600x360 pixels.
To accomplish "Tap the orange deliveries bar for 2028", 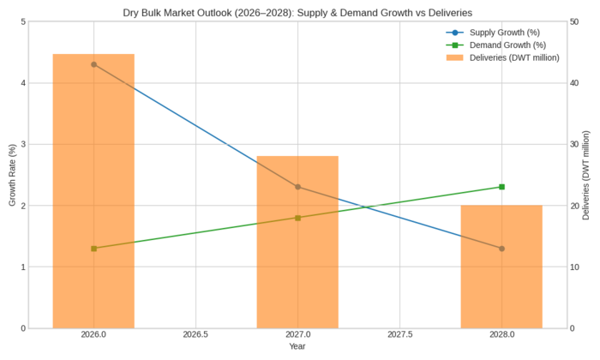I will point(501,267).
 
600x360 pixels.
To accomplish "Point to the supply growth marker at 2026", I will point(93,64).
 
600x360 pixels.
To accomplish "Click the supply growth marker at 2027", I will point(297,187).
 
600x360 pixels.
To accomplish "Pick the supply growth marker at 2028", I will point(501,249).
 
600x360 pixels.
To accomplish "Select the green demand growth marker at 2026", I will point(93,249).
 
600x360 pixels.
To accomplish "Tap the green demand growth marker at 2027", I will point(297,218).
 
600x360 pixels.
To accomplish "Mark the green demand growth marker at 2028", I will point(501,187).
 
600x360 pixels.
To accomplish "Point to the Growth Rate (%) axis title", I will point(12,175).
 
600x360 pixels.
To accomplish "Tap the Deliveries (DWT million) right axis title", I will point(587,175).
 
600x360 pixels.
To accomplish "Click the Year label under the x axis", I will point(297,346).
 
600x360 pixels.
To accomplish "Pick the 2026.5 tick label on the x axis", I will point(195,335).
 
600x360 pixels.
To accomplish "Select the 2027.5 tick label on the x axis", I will point(399,335).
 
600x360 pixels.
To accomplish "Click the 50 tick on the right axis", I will point(576,21).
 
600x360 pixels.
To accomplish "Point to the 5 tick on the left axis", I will point(22,21).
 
